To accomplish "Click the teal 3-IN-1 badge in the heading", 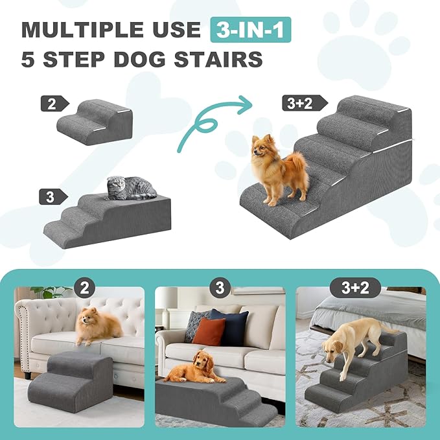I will pyautogui.click(x=250, y=29).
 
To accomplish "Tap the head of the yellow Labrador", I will pyautogui.click(x=334, y=347).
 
